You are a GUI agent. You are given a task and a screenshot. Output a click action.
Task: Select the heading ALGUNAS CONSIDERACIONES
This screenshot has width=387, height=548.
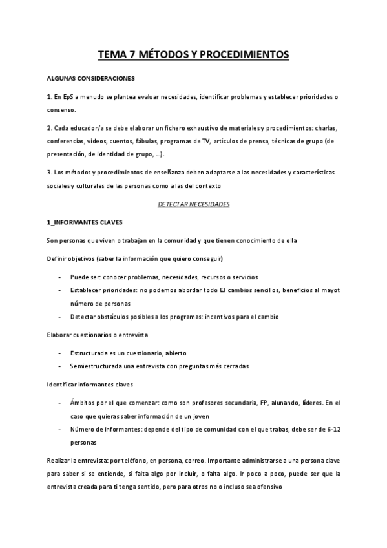pos(91,79)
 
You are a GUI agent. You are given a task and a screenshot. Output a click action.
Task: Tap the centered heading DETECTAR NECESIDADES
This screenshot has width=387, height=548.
pos(193,204)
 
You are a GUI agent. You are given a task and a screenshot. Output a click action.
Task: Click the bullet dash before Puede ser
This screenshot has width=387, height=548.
pos(59,276)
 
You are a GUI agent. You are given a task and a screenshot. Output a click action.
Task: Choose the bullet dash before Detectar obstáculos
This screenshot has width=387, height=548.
pos(59,317)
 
